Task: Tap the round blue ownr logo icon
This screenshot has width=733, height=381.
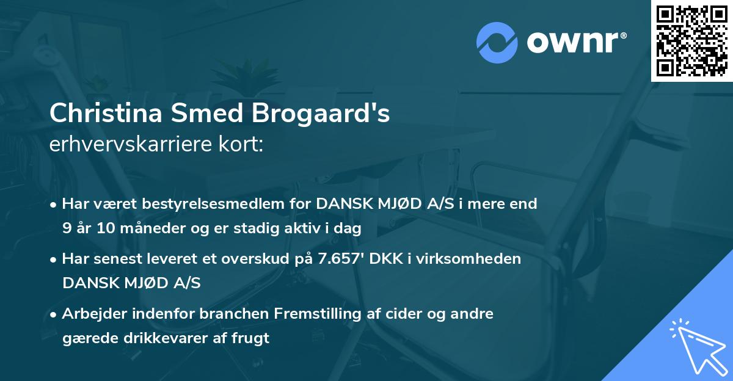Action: tap(497, 43)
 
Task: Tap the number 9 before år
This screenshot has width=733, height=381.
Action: tap(67, 229)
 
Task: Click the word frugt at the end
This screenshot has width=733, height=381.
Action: tap(251, 338)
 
